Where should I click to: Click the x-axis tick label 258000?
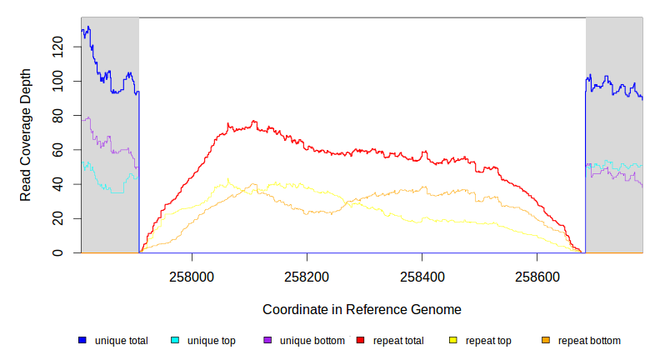click(192, 274)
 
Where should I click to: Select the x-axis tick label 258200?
click(307, 274)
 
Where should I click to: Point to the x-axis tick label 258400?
click(422, 274)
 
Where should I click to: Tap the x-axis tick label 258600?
click(537, 274)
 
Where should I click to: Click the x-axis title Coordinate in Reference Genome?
click(362, 309)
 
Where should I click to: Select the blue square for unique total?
click(82, 340)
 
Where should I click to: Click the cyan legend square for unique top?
click(175, 340)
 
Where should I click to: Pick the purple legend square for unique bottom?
click(267, 340)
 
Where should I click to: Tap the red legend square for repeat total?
click(361, 340)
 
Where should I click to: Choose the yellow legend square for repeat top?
click(453, 340)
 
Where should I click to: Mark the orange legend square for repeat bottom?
click(546, 340)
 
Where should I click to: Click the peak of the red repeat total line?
click(254, 122)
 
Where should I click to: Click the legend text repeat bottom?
click(589, 340)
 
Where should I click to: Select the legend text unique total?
click(122, 340)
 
